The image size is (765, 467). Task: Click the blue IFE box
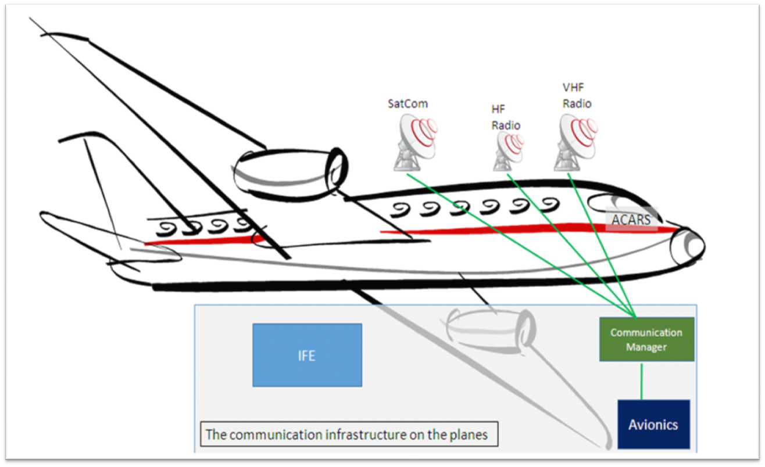pos(307,355)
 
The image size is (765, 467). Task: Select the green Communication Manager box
pos(646,339)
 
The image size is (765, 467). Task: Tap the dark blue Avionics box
pos(653,424)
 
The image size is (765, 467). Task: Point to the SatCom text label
pos(407,104)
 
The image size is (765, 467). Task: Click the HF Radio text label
pos(506,118)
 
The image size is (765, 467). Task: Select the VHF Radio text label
pos(577,96)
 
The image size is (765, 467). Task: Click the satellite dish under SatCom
pos(414,142)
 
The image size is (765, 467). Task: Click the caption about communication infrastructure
pos(348,434)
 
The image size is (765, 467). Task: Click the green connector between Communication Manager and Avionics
pos(641,380)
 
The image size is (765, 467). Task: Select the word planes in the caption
pos(468,434)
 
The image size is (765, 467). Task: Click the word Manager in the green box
pos(646,347)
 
